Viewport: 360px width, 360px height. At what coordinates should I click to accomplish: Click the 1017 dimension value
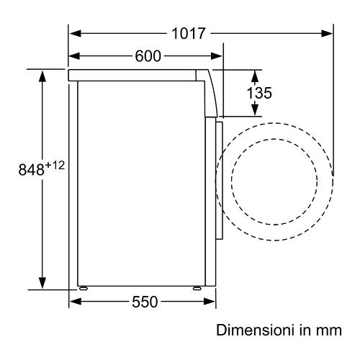[189, 33]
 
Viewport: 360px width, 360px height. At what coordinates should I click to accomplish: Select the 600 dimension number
[148, 56]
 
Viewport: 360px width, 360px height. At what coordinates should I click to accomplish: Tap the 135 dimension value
[259, 93]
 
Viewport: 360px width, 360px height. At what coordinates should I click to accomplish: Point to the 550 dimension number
[145, 302]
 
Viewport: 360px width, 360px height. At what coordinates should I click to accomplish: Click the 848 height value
[32, 169]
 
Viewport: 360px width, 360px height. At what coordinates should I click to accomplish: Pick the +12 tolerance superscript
[55, 166]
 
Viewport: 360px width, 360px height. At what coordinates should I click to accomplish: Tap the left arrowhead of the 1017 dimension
[75, 33]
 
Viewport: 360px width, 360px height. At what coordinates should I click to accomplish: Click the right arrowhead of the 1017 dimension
[327, 33]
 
